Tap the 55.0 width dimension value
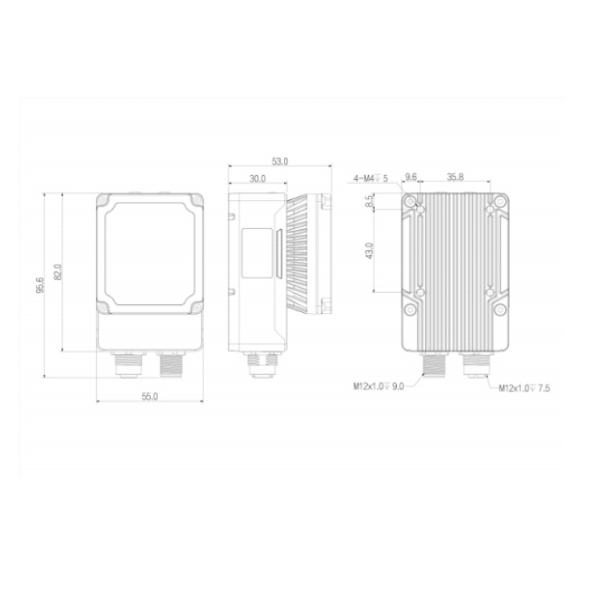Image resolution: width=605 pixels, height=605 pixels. pos(149,396)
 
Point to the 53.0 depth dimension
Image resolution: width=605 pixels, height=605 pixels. pos(280,162)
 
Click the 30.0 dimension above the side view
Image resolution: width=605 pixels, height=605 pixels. pos(257,178)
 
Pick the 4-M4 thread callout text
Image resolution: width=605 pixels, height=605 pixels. pos(370,178)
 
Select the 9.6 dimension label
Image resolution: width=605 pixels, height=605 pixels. pos(411,177)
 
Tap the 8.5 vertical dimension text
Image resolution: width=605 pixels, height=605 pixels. pos(369,205)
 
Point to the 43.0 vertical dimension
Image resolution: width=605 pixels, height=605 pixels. pos(369,251)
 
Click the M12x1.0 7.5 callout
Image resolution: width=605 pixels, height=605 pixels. pos(524,388)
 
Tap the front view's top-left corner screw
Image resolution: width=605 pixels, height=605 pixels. pos(103,199)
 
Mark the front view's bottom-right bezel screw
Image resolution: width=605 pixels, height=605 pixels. pos(194,307)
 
